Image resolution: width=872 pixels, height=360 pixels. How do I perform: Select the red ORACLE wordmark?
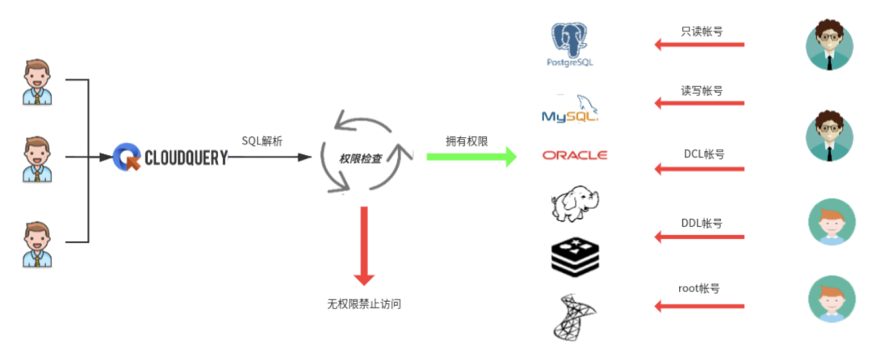tap(575, 155)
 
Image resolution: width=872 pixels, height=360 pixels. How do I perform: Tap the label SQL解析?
tap(262, 141)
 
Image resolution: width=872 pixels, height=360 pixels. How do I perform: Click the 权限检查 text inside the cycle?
tap(360, 159)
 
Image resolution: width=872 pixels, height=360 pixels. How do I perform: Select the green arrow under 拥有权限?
tap(472, 157)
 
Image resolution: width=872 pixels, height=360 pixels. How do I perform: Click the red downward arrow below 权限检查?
tap(364, 246)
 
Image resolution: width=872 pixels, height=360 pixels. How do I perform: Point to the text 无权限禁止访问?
tap(364, 304)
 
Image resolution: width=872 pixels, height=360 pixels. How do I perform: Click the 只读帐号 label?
tap(702, 31)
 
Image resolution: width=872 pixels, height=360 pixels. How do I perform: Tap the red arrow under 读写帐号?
tap(699, 103)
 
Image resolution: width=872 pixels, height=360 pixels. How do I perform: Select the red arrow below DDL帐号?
tap(699, 237)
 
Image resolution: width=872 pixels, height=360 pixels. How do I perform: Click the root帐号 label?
tap(699, 289)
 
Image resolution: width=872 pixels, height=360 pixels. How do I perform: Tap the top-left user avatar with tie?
tap(37, 82)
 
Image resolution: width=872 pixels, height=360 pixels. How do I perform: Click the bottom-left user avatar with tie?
tap(37, 244)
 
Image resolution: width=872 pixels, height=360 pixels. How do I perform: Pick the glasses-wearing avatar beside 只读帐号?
tap(829, 46)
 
